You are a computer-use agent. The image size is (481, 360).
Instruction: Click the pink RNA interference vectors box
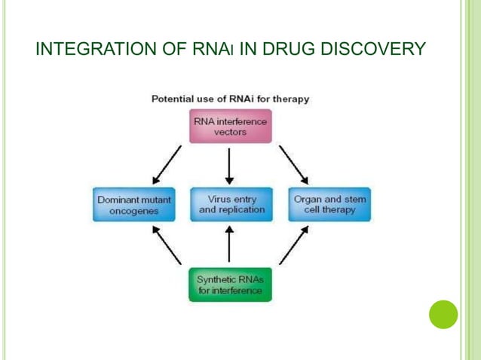(230, 127)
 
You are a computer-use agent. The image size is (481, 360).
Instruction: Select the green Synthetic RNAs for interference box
(230, 285)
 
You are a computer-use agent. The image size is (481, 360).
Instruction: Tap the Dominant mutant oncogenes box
(134, 205)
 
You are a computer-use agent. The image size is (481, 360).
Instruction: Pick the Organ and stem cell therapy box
(329, 205)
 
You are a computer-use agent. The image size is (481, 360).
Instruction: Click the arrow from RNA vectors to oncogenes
(167, 164)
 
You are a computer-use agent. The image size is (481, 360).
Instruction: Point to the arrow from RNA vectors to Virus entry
(230, 165)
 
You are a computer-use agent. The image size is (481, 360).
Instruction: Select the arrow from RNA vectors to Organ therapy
(293, 164)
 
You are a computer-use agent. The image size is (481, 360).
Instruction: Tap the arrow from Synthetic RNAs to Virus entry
(230, 245)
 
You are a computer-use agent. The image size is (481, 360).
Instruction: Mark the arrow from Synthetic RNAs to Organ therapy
(293, 246)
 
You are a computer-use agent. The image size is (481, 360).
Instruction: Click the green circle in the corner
(443, 314)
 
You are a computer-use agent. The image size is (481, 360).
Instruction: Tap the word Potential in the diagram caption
(173, 99)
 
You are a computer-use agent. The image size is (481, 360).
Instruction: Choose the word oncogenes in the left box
(134, 211)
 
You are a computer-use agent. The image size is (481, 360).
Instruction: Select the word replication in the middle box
(242, 210)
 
